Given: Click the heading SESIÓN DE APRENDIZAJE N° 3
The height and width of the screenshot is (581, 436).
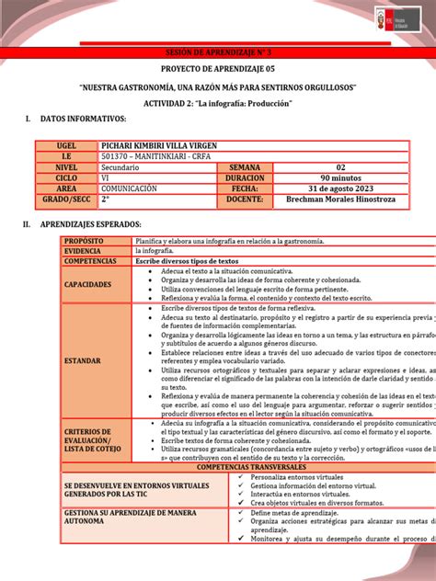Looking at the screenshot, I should [217, 55].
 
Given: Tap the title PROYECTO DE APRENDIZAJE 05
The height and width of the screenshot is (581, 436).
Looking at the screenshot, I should [217, 71].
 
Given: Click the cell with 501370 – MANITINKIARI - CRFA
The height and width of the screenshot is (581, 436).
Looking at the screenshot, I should [155, 156].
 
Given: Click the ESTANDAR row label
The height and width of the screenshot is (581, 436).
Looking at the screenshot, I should [84, 360].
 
